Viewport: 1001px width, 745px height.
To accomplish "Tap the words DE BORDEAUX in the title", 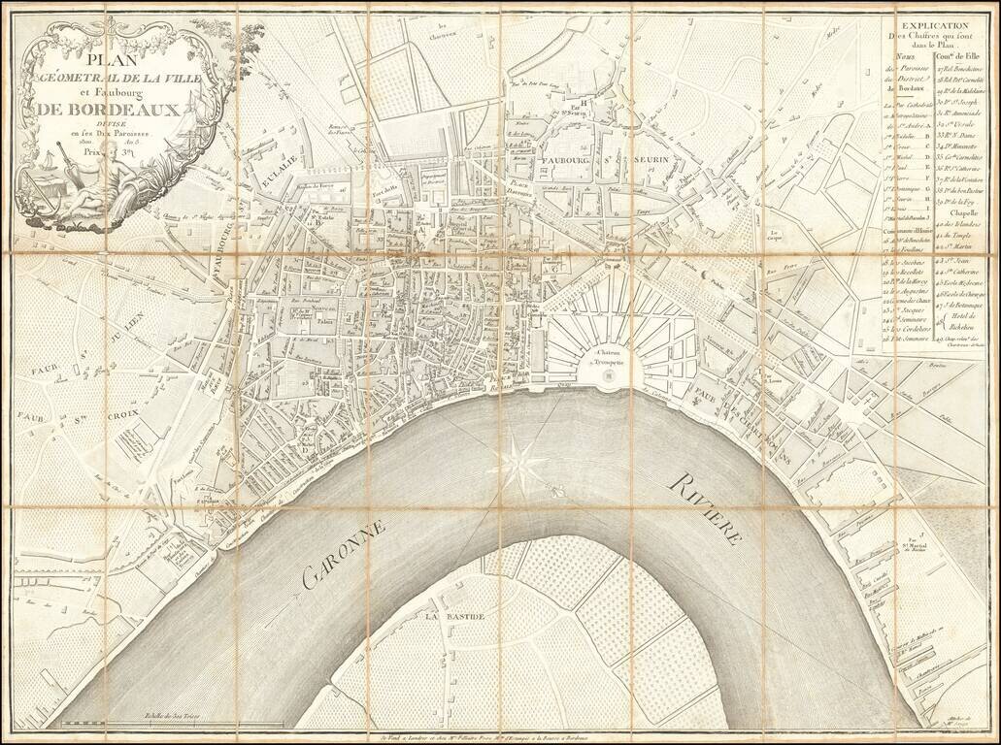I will point(108,110).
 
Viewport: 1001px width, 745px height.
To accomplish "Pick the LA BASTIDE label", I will point(451,615).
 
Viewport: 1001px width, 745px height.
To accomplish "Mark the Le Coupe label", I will point(775,234).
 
